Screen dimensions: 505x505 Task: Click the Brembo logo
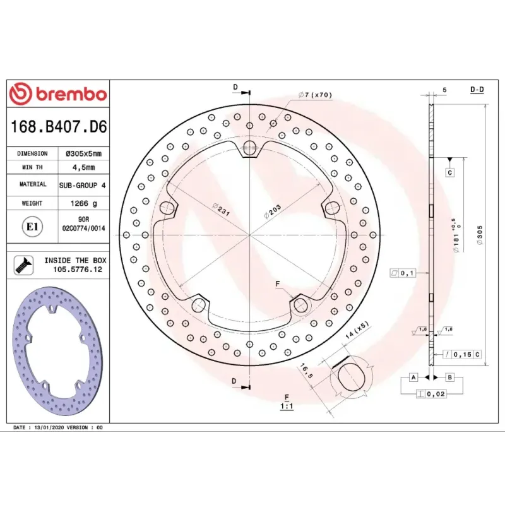(58, 94)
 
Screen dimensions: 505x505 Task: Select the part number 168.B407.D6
(59, 127)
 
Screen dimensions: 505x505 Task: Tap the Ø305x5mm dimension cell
(83, 153)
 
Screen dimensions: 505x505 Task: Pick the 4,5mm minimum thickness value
(83, 167)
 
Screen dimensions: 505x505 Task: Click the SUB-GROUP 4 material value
(83, 186)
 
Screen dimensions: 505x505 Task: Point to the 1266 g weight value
(84, 203)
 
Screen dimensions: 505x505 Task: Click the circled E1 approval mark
(32, 227)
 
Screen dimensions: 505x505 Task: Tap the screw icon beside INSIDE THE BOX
(24, 265)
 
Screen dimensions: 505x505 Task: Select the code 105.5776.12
(78, 270)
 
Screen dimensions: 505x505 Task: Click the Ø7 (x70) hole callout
(315, 95)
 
